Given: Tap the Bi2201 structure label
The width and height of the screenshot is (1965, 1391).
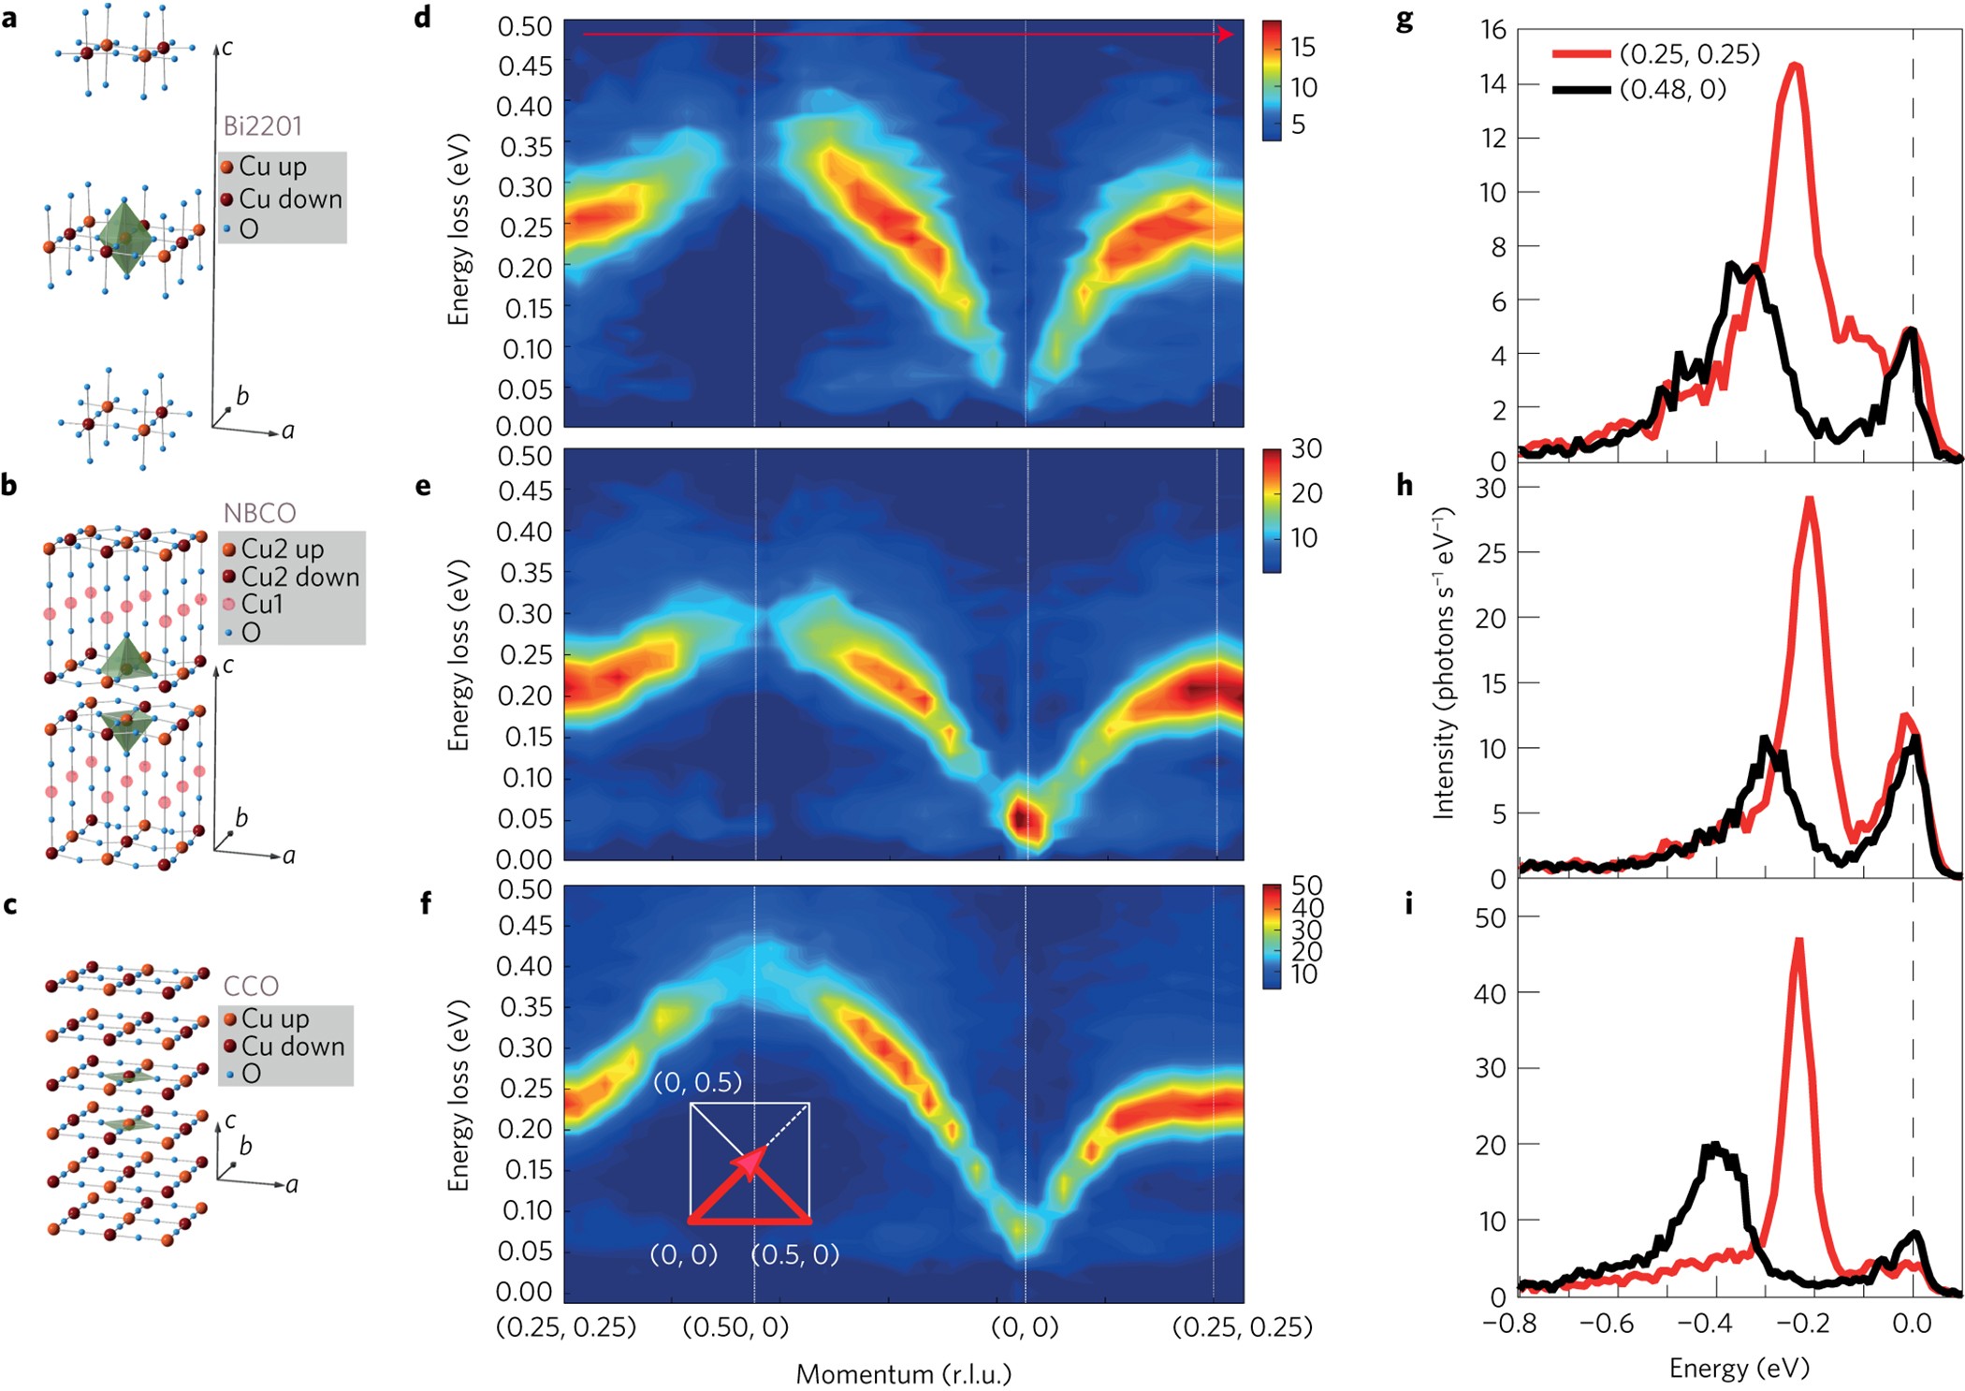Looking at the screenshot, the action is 262,125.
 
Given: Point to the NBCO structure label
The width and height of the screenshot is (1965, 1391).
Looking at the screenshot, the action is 259,513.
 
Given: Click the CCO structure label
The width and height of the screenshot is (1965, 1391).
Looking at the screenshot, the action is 251,986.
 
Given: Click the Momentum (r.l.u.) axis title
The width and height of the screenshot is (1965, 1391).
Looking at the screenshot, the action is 904,1374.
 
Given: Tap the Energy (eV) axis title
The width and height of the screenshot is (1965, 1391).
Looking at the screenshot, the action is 1739,1369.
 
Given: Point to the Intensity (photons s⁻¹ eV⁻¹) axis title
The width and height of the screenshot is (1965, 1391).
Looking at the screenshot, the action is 1444,663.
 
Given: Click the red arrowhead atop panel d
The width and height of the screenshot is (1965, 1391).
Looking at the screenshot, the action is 1226,35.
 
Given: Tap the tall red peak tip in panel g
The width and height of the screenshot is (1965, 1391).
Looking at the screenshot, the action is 1795,65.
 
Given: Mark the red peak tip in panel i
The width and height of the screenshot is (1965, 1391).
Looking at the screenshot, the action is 1798,940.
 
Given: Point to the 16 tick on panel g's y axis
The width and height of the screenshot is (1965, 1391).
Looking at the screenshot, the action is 1493,30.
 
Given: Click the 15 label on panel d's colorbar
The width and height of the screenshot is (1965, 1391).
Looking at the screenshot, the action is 1303,47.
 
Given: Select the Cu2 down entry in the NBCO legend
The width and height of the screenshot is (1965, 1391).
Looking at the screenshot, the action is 291,577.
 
